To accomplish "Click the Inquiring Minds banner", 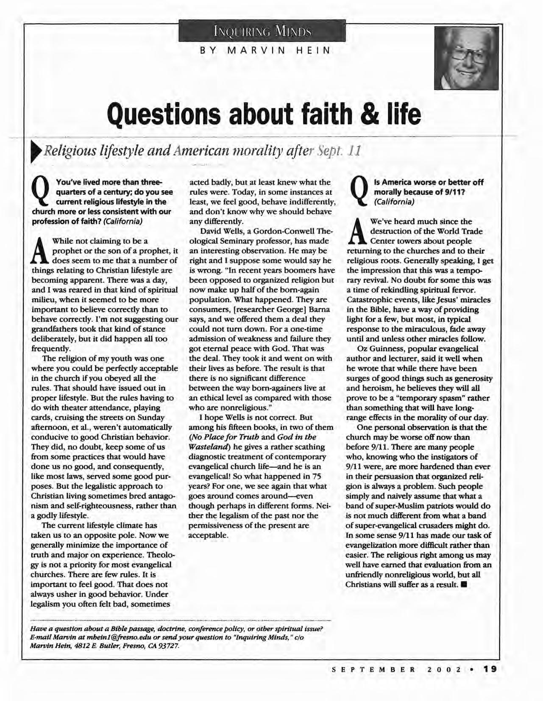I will [x=262, y=31].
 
